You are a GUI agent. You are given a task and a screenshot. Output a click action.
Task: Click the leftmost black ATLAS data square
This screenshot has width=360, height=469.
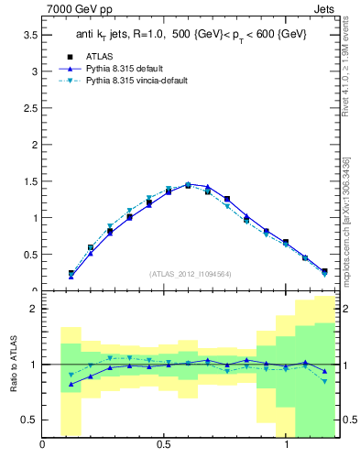click(71, 273)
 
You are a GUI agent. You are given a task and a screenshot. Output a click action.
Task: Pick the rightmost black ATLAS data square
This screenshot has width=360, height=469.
click(324, 271)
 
